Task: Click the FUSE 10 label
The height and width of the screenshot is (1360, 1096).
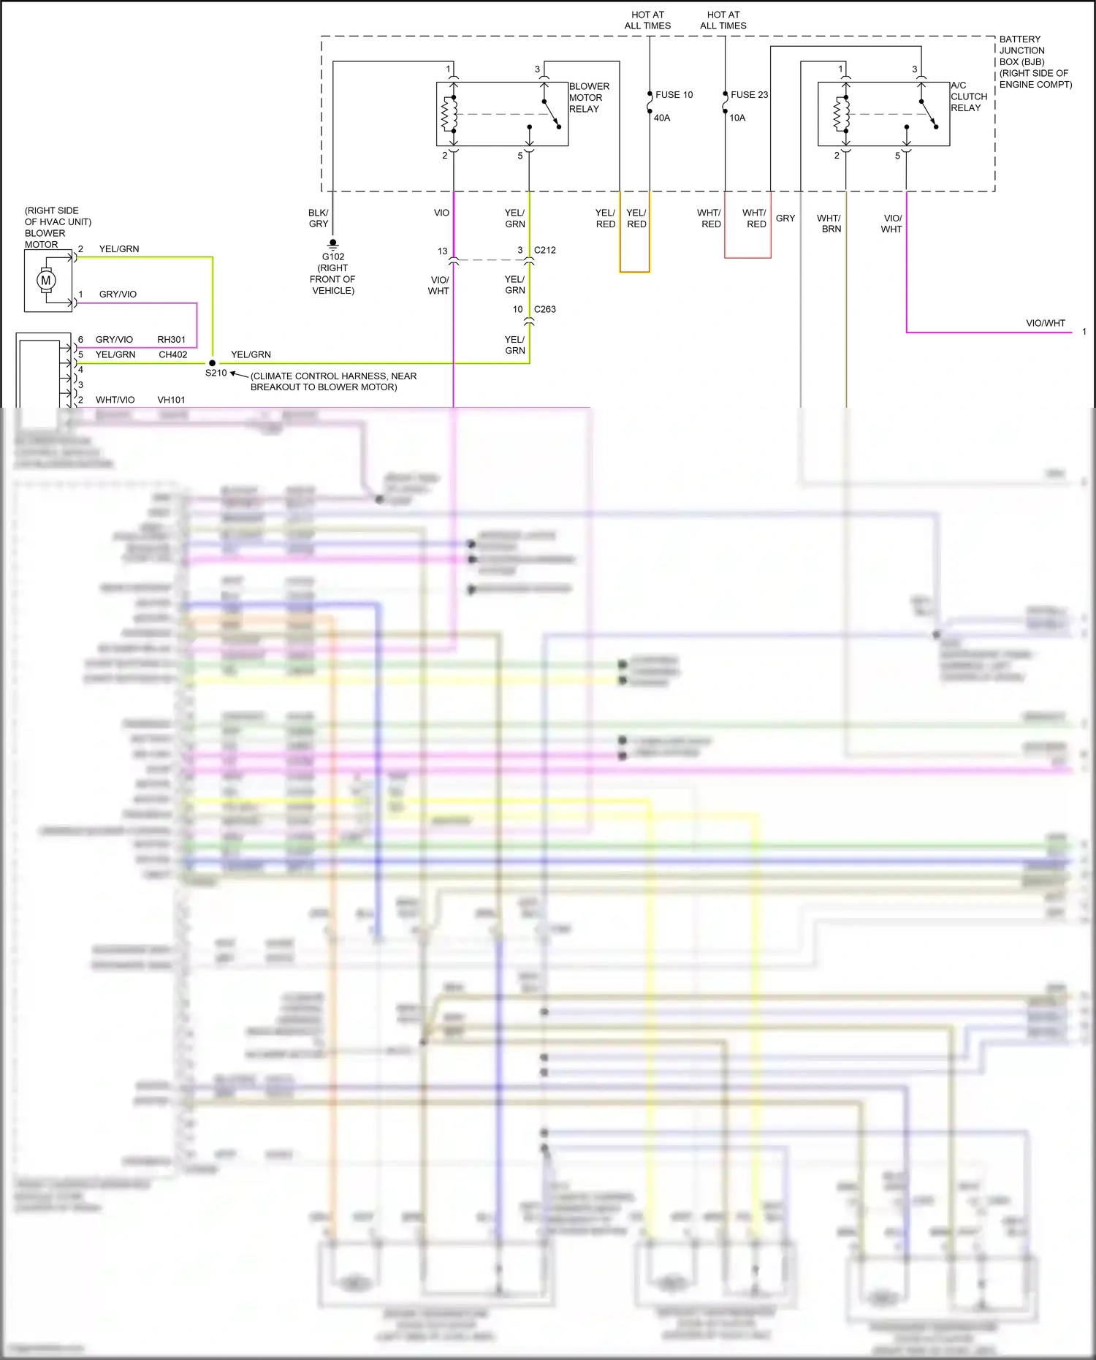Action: (x=674, y=95)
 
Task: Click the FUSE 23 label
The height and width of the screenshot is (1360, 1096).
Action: (x=749, y=95)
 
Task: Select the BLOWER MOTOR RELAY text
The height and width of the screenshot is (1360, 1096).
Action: (x=588, y=97)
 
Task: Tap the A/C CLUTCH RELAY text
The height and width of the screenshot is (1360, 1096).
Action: (x=968, y=96)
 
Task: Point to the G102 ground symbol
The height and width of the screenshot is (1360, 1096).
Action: (x=333, y=243)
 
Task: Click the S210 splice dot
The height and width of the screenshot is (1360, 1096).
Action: (x=213, y=362)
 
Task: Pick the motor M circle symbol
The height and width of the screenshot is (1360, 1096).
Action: (x=46, y=281)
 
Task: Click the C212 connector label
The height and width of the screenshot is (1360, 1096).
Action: (x=544, y=250)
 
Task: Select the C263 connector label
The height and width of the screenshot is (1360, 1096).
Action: (x=544, y=309)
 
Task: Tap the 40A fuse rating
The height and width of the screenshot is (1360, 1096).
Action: (x=661, y=118)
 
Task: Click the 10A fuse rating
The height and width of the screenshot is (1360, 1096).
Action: (x=737, y=118)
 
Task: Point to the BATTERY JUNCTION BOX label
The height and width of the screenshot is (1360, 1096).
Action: (x=1035, y=61)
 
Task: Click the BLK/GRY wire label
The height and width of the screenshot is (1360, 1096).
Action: (x=319, y=219)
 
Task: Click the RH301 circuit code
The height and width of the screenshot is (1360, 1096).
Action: (x=172, y=340)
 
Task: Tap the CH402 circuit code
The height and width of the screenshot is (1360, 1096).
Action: (x=173, y=354)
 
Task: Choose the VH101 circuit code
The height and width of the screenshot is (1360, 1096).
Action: (x=172, y=400)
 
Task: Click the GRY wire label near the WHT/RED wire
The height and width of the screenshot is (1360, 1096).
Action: (x=785, y=219)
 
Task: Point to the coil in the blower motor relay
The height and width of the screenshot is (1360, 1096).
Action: (x=448, y=115)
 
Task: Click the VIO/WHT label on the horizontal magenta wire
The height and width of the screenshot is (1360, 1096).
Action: (x=1046, y=323)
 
